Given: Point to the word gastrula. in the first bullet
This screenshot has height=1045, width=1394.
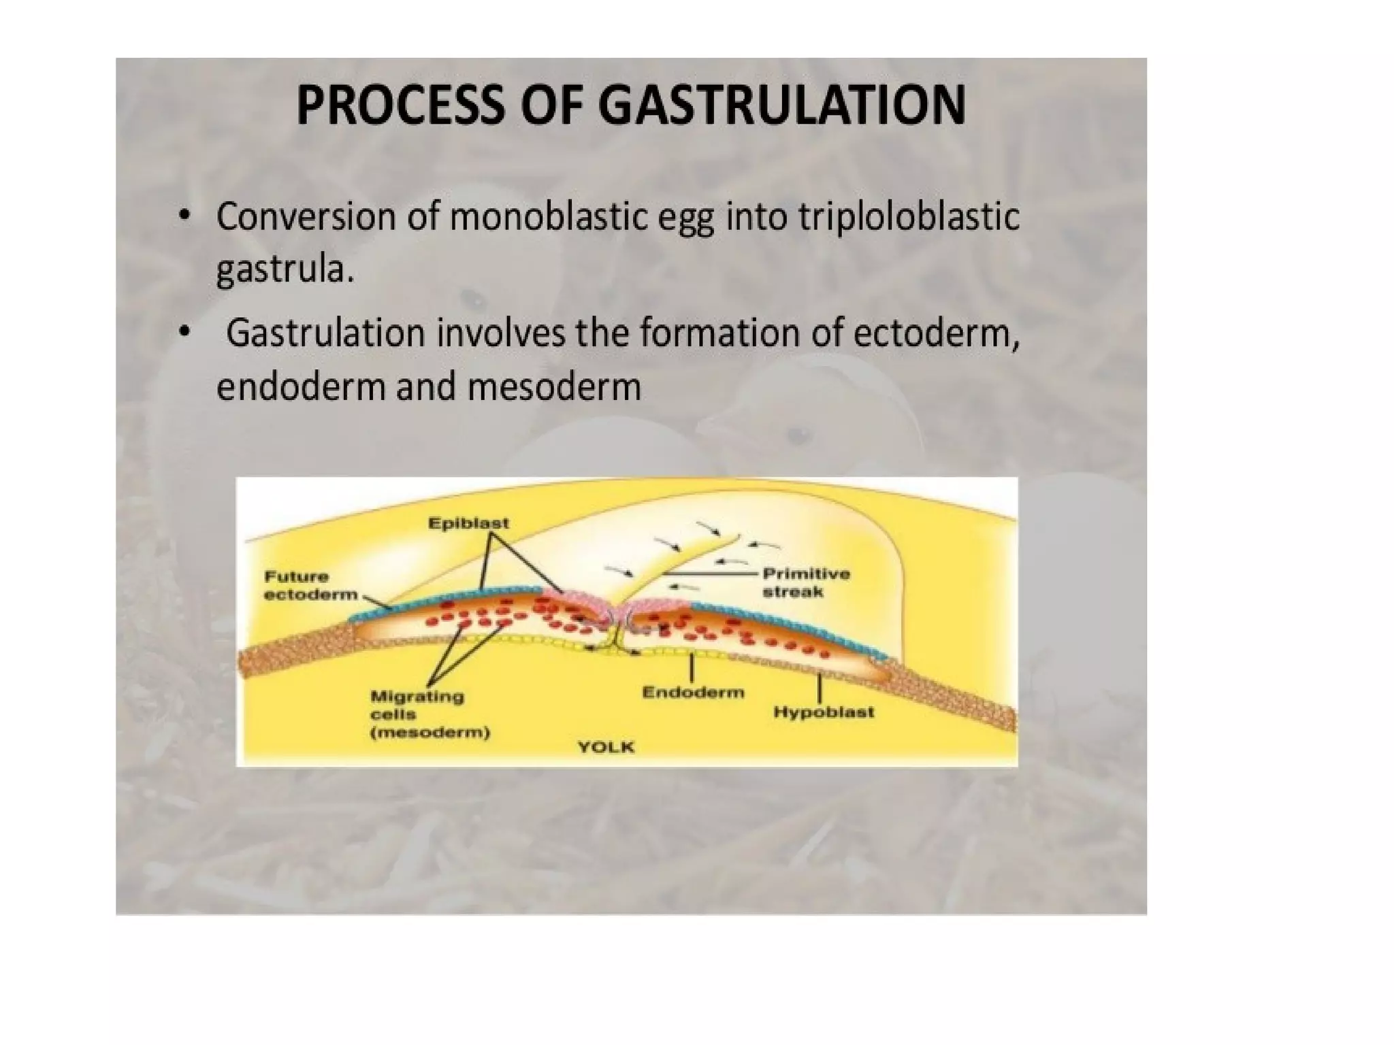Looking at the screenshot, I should point(285,271).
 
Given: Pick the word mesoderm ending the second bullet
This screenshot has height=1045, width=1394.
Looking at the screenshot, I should point(554,387).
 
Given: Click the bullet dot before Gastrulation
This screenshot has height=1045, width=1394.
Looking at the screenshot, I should point(183,332).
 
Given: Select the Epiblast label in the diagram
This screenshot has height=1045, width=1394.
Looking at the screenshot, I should point(468,523).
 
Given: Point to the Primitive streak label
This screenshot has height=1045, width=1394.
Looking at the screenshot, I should point(806,582).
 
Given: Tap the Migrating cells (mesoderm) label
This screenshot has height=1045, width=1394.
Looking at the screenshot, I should point(429,714).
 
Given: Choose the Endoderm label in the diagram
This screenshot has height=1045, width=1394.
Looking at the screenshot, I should point(693,693).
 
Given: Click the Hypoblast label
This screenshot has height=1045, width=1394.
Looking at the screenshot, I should point(824,712).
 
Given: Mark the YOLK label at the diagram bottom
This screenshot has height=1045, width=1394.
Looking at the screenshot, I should point(606,747).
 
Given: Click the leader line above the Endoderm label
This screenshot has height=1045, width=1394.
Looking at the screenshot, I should point(692,667).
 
